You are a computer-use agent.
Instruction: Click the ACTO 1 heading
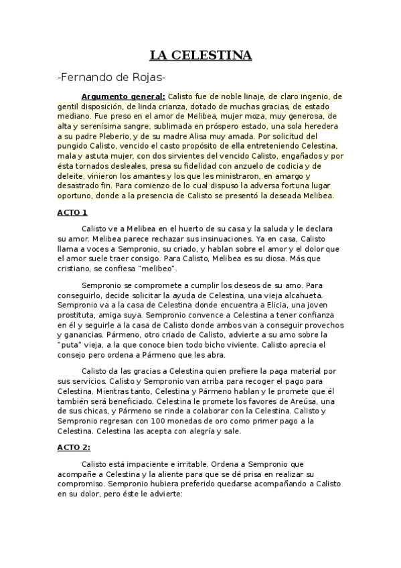pos(72,212)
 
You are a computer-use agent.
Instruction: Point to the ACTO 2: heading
pos(74,447)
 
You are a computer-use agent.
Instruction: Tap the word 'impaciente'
pos(147,463)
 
